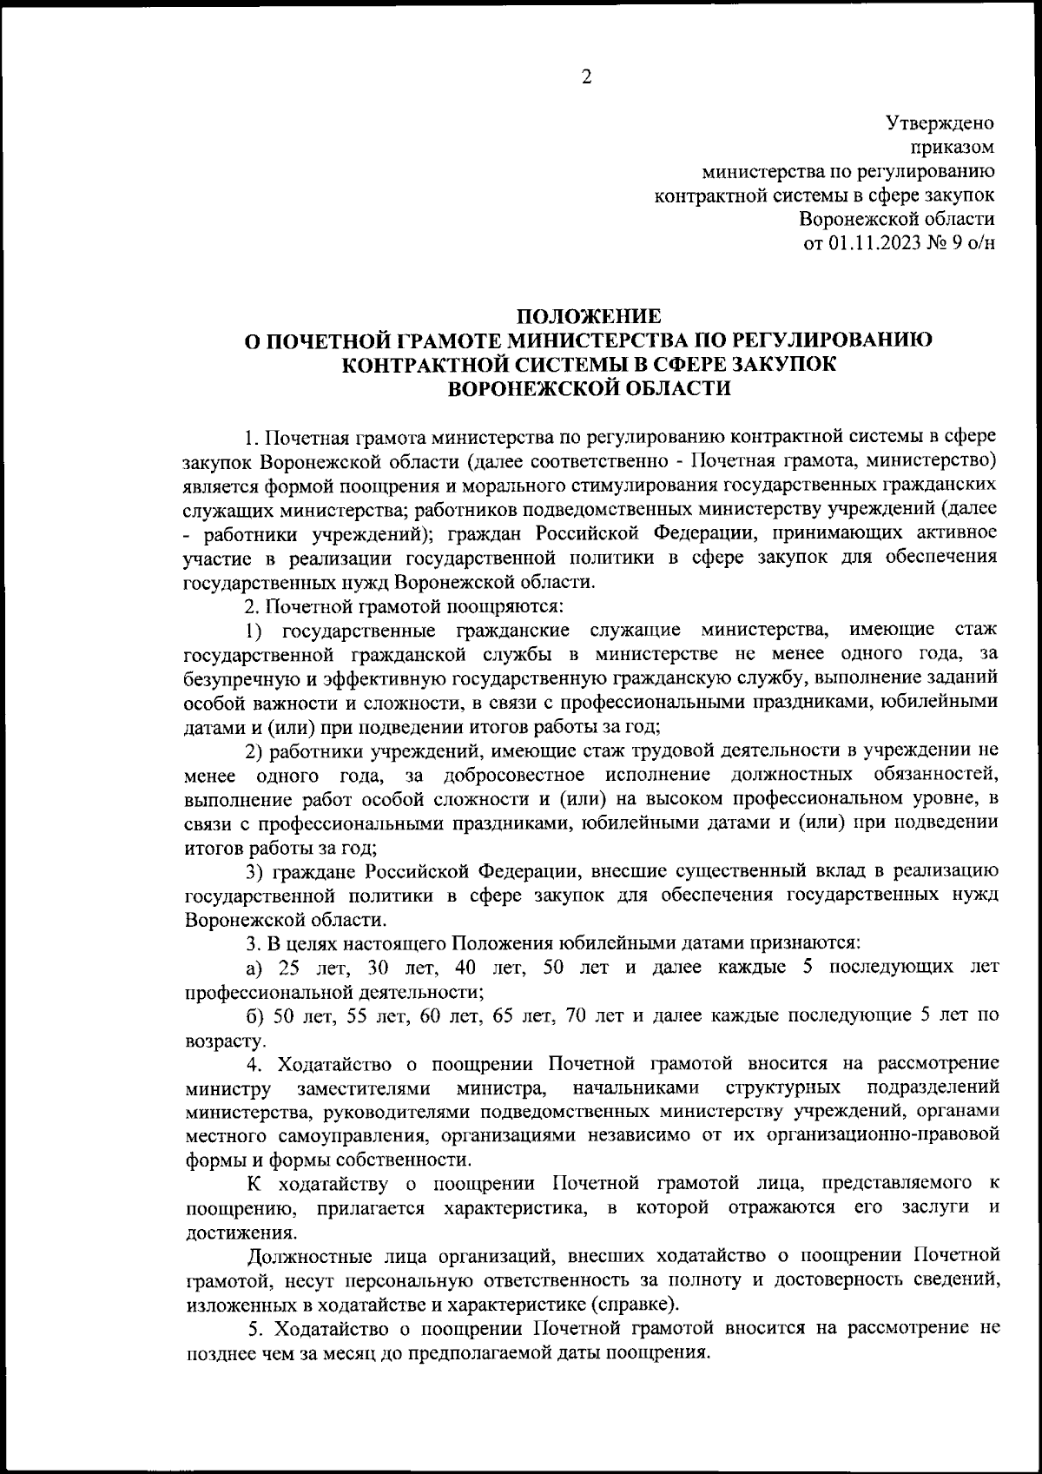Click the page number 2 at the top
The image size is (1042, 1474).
tap(586, 78)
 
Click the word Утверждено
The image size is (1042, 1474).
tap(940, 124)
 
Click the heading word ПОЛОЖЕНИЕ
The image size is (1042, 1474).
tap(589, 316)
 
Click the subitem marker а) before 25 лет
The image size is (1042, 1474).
tap(253, 967)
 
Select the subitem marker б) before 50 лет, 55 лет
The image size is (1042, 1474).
tap(254, 1015)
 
